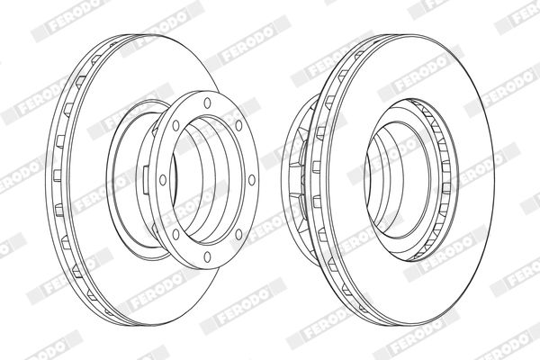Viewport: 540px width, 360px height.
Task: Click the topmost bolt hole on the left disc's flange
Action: click(207, 103)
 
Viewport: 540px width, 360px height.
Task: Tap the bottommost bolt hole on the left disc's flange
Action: click(207, 256)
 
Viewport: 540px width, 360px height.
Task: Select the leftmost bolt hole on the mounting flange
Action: click(163, 180)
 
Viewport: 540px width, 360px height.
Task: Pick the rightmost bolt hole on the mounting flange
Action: click(252, 180)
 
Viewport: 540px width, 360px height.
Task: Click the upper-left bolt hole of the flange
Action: click(176, 125)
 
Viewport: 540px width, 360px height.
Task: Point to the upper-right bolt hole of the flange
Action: click(238, 125)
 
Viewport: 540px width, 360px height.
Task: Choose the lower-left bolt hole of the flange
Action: click(176, 234)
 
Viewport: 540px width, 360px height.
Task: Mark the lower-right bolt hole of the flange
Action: click(238, 234)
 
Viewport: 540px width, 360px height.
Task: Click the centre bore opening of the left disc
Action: click(207, 179)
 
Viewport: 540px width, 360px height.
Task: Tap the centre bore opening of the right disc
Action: click(398, 179)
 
